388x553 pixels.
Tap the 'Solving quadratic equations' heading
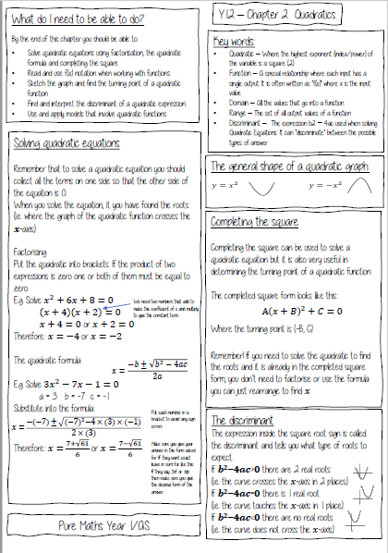click(x=66, y=143)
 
